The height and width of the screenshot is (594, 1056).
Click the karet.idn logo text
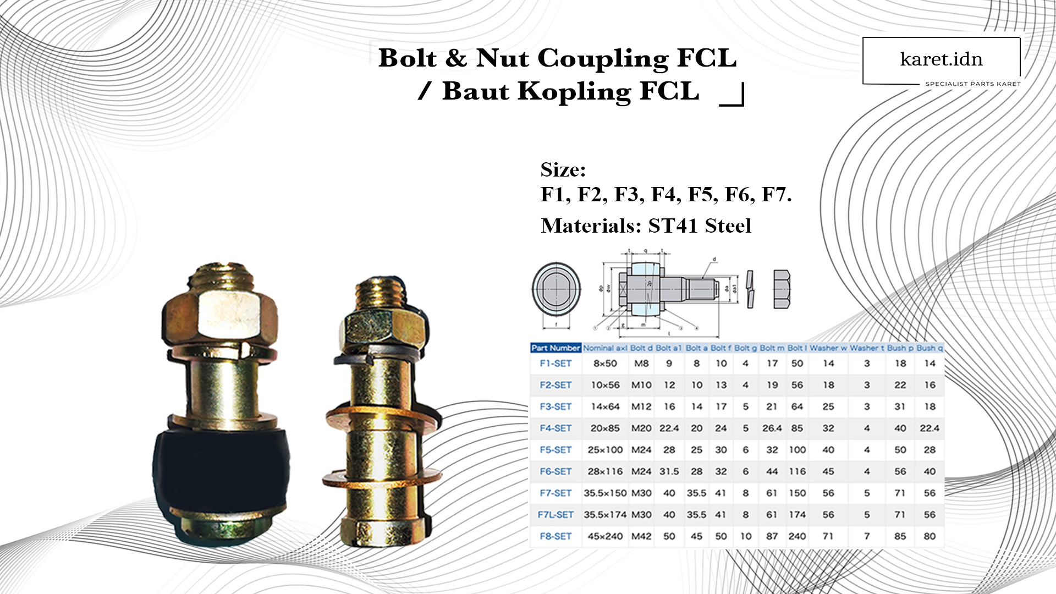941,59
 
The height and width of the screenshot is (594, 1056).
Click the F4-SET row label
555,428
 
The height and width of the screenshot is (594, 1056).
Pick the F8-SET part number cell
555,536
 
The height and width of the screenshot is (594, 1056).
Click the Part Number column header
555,348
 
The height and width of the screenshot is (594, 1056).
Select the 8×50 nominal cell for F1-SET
605,364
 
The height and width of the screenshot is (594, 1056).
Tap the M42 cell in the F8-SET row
641,536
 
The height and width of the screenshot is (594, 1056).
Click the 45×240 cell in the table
605,536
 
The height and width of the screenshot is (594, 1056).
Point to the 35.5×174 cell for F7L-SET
605,515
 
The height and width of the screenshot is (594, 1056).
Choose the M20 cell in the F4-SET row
641,428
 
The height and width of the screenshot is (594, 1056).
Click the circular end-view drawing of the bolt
556,289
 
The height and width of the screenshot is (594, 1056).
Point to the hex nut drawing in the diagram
782,289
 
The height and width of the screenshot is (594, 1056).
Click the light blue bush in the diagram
646,289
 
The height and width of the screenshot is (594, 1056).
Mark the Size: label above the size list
563,170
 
